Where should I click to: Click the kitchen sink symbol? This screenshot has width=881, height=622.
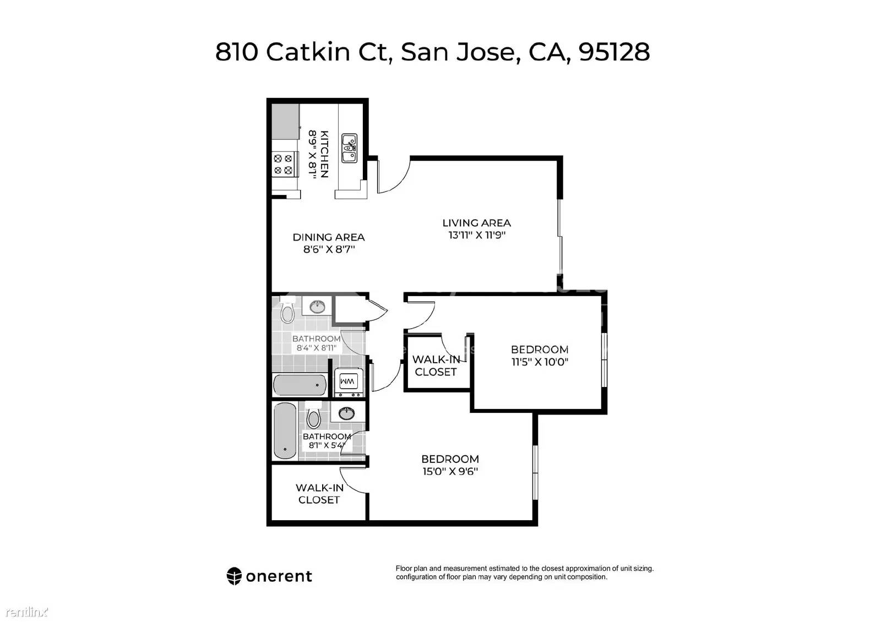(349, 148)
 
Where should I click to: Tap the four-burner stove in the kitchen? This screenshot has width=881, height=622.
(284, 165)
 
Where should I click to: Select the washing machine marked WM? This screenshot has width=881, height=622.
(348, 382)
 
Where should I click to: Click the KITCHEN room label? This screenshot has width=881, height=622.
(324, 154)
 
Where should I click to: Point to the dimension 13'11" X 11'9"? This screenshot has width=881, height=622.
(477, 235)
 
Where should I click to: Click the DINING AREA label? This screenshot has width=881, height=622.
(328, 237)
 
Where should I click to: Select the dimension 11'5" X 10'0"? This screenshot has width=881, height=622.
(540, 362)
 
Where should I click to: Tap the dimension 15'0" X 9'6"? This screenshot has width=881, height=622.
(450, 471)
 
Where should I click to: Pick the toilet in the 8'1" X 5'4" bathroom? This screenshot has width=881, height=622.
(313, 416)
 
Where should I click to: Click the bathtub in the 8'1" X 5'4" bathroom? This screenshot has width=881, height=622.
(285, 431)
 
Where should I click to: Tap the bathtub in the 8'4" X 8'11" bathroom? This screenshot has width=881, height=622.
(300, 385)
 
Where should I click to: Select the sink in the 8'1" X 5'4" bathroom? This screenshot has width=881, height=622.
(346, 413)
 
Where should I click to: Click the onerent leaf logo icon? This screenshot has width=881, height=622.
(234, 576)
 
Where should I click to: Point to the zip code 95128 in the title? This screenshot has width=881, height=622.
(614, 52)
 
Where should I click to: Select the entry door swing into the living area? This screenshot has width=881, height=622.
(393, 176)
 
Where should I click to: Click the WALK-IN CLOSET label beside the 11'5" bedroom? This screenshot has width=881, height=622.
(436, 365)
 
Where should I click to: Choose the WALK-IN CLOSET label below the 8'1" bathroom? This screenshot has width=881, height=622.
(319, 493)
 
